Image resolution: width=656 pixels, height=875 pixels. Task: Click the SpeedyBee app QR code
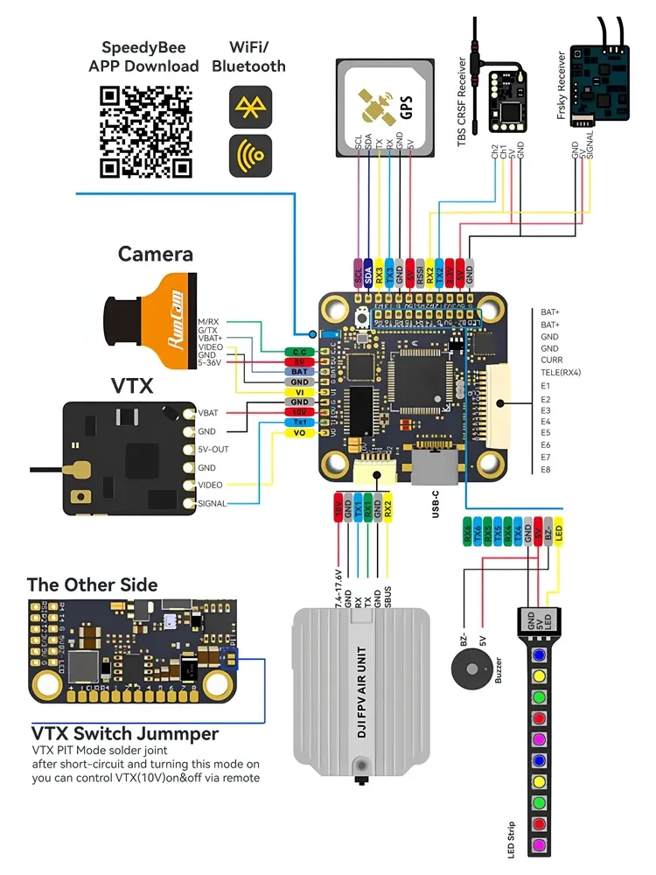[x=146, y=131]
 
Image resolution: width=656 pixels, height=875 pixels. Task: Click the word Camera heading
[x=156, y=255]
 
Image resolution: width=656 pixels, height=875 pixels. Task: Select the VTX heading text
[x=132, y=386]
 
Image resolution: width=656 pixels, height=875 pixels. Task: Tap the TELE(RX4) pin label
[x=562, y=372]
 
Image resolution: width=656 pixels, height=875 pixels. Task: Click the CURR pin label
[x=552, y=360]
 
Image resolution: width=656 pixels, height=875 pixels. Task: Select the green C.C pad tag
[x=297, y=352]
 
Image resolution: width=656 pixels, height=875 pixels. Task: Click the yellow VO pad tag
[x=297, y=433]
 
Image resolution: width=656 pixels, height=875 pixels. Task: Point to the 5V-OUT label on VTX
[x=214, y=449]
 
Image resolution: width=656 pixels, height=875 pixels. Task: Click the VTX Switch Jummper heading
[x=125, y=733]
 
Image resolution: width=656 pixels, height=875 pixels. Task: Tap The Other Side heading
[x=93, y=584]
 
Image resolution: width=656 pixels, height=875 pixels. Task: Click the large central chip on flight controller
[x=417, y=386]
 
